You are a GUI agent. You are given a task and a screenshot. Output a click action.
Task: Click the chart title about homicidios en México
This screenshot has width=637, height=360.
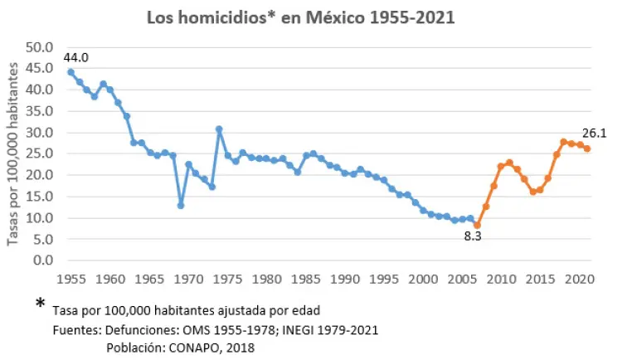click(x=300, y=17)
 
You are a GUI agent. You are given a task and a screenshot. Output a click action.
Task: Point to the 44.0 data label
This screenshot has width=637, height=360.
click(x=75, y=57)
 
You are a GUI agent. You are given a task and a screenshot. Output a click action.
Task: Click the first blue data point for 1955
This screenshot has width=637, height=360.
click(x=71, y=72)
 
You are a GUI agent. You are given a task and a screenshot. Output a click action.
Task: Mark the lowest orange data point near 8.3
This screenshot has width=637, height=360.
click(x=478, y=225)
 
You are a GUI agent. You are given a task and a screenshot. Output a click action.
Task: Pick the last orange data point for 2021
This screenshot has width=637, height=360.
click(x=587, y=148)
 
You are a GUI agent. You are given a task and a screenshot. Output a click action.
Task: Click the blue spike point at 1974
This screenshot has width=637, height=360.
click(x=219, y=129)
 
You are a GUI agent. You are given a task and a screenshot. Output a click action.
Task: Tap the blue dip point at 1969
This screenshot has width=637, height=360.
click(x=180, y=205)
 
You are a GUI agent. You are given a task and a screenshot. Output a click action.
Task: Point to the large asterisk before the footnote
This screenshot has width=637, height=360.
click(x=41, y=305)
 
